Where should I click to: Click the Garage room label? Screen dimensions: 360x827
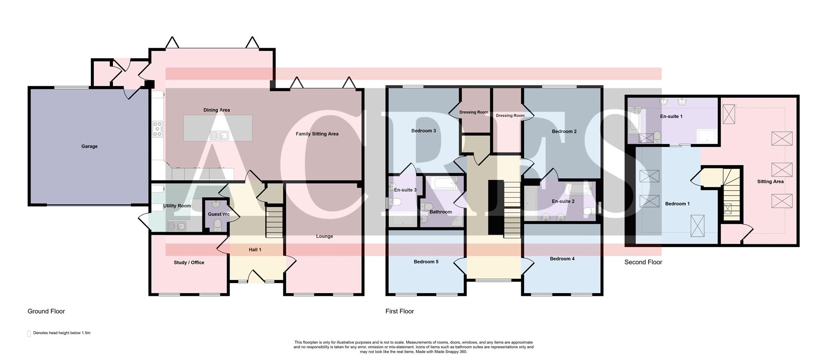(89, 146)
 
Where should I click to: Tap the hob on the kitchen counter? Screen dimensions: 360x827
(158, 129)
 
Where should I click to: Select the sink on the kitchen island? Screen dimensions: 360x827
(219, 136)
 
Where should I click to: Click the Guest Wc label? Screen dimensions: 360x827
(218, 214)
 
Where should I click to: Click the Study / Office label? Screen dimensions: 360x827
(189, 262)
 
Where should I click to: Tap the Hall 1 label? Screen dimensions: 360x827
(255, 250)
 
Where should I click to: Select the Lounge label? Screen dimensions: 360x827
(324, 236)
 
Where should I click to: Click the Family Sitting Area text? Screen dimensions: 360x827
(317, 134)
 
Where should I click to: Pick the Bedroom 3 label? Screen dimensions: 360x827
(423, 131)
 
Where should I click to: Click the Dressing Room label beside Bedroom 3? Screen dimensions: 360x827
(473, 112)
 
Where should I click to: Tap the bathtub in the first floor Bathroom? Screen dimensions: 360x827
(444, 184)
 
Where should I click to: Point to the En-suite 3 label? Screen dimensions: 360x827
(405, 190)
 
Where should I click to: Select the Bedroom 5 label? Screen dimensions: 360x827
(426, 262)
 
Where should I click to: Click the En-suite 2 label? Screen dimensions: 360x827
(563, 201)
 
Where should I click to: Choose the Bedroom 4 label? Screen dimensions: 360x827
(562, 259)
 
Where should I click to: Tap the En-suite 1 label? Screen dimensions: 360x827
(671, 116)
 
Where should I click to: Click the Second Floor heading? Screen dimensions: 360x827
(643, 262)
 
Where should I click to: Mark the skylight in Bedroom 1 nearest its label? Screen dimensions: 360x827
(649, 201)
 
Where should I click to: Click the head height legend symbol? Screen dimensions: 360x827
(29, 333)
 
